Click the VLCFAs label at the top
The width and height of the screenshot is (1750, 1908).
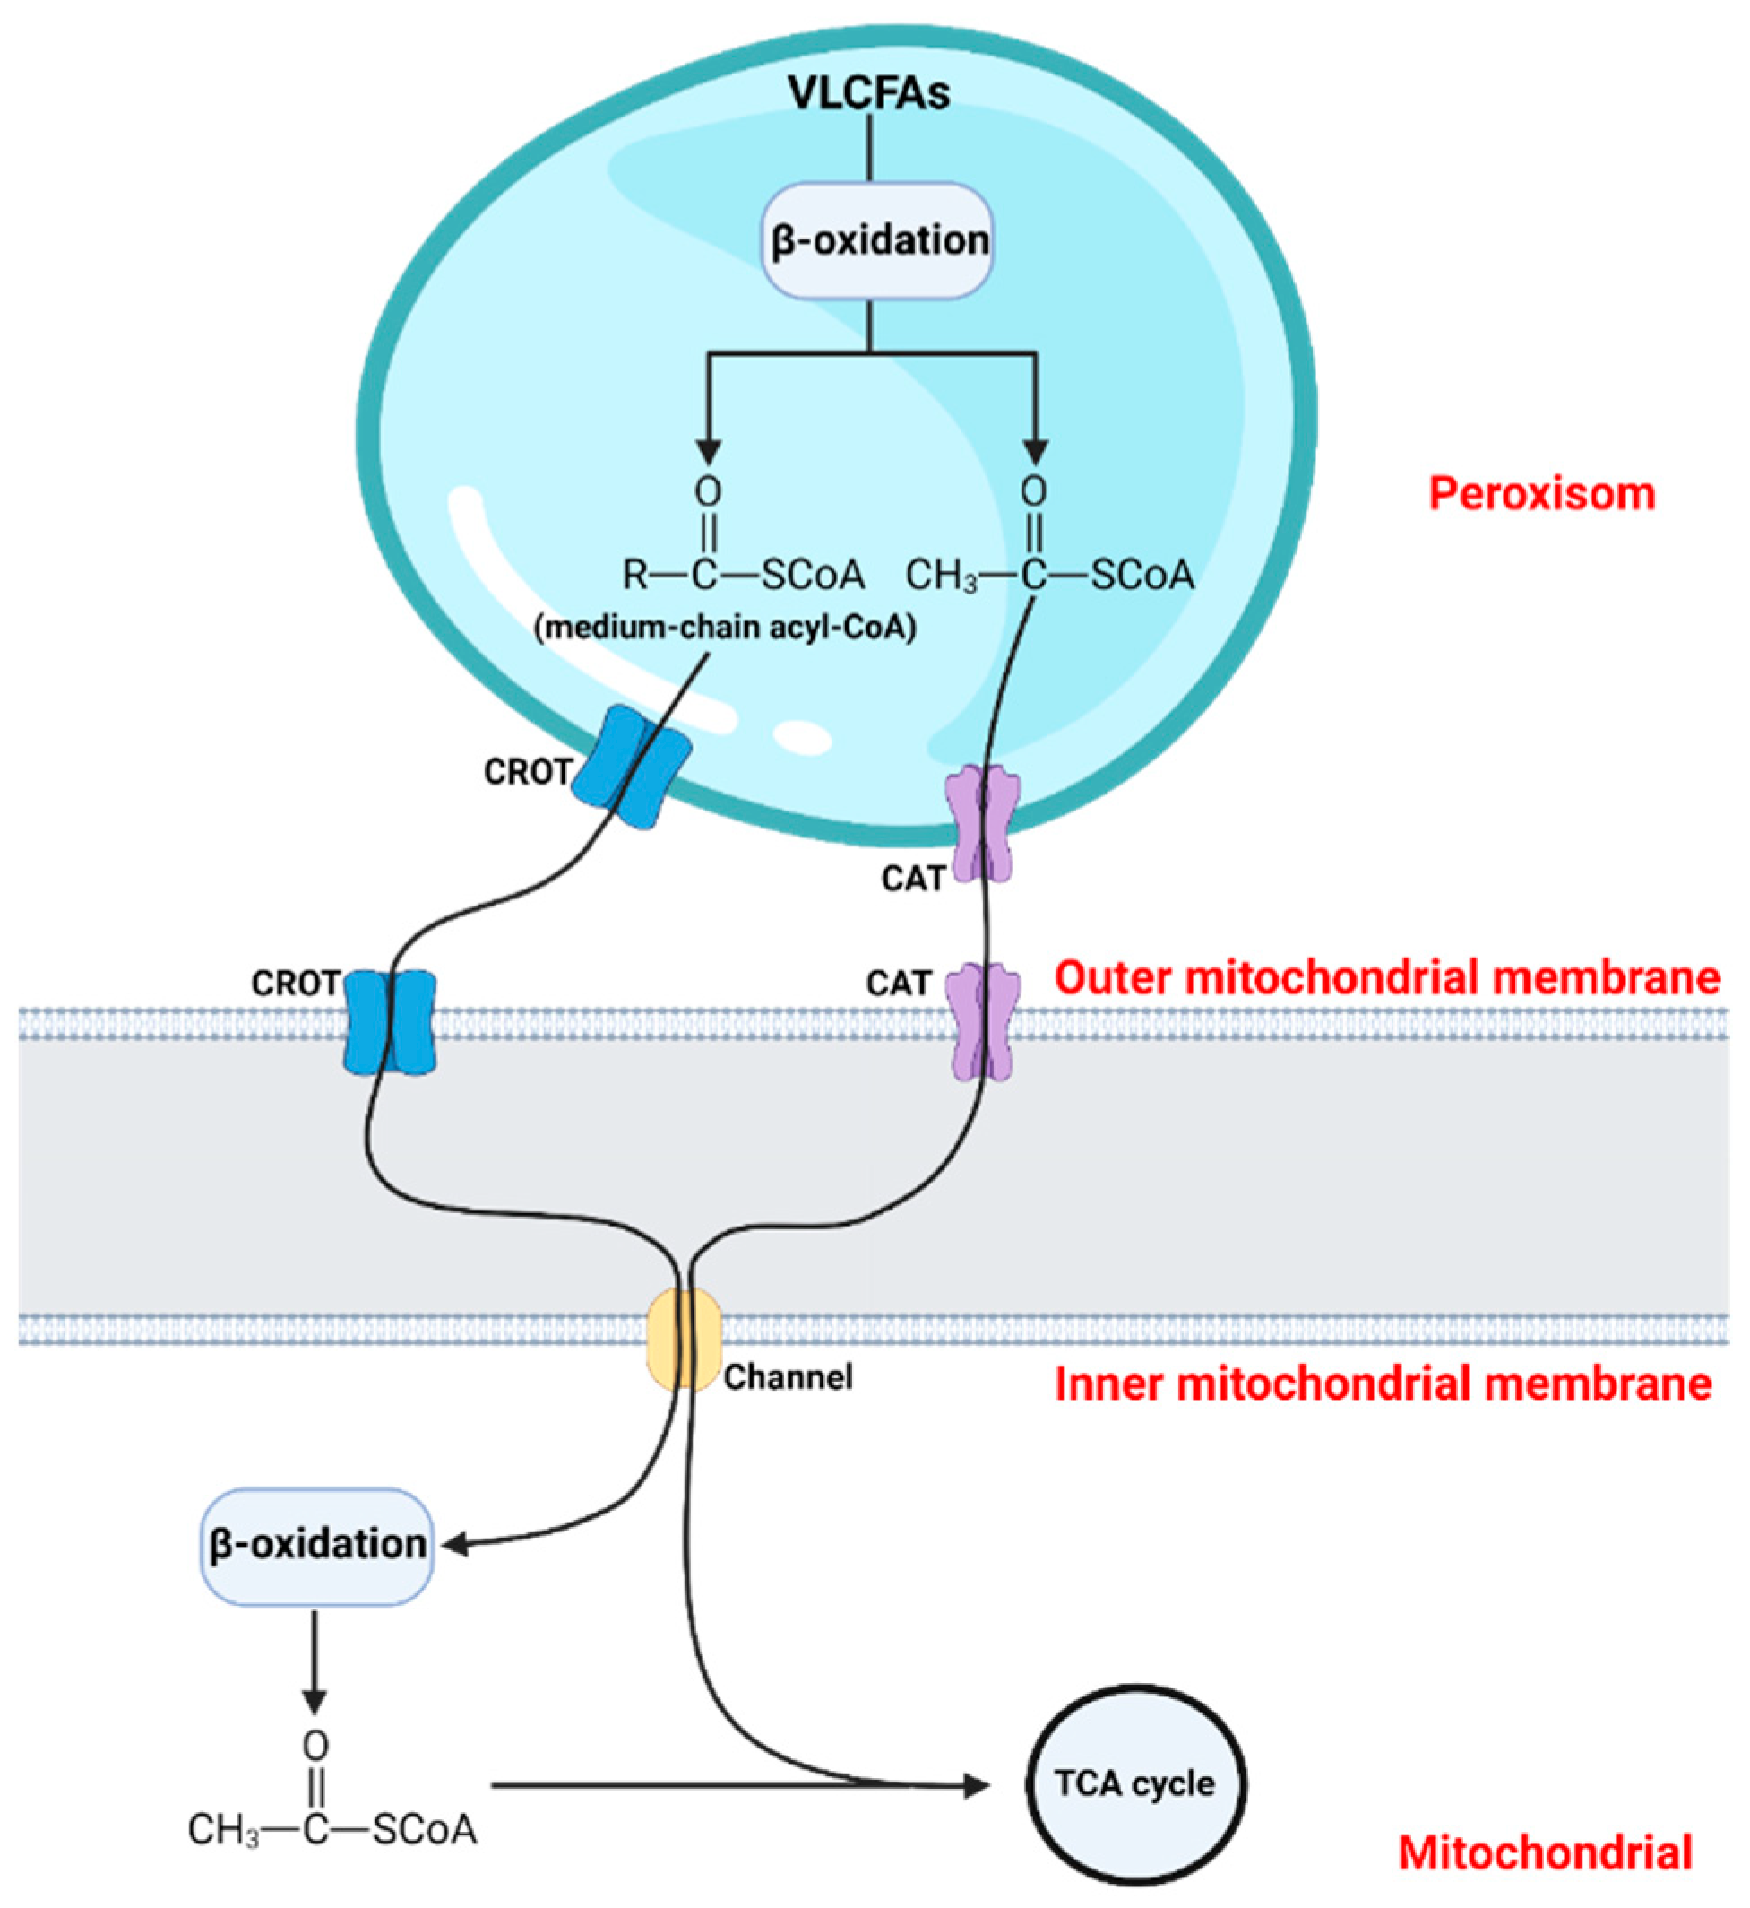(x=869, y=93)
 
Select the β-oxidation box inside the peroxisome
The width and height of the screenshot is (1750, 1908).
(x=878, y=240)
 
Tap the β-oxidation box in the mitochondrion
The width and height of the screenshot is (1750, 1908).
(x=316, y=1545)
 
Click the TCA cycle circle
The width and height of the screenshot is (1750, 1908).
(x=1135, y=1784)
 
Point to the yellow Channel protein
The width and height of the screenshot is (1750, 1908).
(x=684, y=1338)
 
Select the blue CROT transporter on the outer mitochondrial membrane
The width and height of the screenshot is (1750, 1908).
(x=389, y=1021)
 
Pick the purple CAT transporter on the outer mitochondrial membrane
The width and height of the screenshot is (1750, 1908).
(x=985, y=1021)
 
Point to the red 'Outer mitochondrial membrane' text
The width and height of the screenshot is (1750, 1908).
(x=1386, y=977)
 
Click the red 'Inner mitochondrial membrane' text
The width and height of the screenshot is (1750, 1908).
(x=1384, y=1384)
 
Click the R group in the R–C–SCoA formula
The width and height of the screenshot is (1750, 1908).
(x=634, y=575)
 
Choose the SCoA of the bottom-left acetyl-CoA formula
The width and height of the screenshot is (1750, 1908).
(x=424, y=1830)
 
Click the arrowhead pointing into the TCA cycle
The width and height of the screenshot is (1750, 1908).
(x=976, y=1786)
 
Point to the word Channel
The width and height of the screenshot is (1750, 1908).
(x=788, y=1376)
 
